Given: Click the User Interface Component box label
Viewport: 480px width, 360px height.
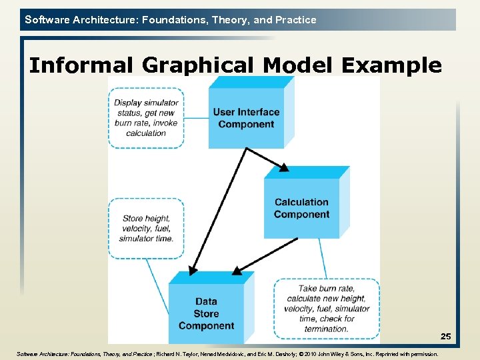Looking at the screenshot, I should click(x=246, y=118).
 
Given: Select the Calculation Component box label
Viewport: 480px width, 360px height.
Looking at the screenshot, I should click(x=301, y=208).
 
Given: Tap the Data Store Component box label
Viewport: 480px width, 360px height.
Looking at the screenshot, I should click(x=206, y=313).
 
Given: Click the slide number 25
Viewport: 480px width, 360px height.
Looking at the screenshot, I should click(x=445, y=337).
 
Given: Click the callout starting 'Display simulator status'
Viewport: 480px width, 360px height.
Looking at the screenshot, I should click(x=146, y=118).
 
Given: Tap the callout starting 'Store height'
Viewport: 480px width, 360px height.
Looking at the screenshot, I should click(x=147, y=229).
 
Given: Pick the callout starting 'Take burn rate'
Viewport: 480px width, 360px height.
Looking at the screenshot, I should click(x=327, y=309).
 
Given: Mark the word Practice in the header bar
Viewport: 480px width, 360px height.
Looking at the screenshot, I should click(x=295, y=20).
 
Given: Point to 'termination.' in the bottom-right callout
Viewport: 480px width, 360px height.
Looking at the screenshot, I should click(x=327, y=329).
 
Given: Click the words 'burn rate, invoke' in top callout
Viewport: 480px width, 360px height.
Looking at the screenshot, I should click(x=146, y=123).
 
